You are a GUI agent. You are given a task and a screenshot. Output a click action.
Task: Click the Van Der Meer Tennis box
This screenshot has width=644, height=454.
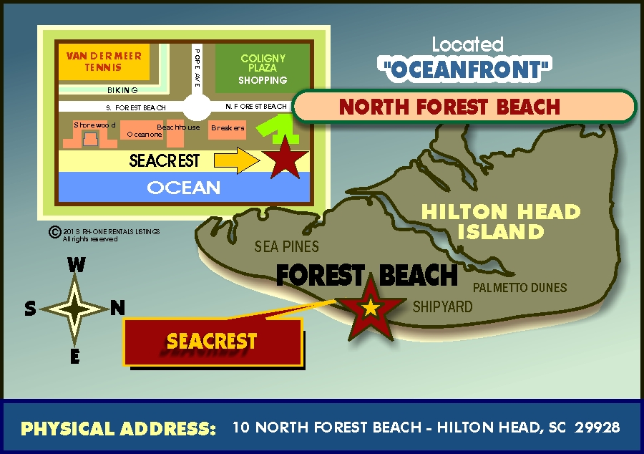tap(104, 62)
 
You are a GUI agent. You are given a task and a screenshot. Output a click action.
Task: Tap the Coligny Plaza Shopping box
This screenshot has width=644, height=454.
tap(263, 69)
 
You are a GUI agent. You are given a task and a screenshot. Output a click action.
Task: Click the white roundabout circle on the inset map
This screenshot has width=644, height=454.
tap(197, 107)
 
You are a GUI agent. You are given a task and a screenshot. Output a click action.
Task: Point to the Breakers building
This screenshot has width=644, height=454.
tap(228, 129)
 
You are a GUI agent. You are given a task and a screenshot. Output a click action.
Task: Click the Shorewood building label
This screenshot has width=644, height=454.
tap(94, 125)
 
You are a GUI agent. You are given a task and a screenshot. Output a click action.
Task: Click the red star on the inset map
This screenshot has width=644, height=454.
tap(286, 159)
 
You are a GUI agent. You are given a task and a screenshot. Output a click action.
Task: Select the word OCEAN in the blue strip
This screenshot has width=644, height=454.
tap(184, 188)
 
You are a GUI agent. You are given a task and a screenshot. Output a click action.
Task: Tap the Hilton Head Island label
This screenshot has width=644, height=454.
tap(501, 221)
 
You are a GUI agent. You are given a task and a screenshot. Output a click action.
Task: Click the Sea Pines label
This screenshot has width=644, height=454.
tap(287, 247)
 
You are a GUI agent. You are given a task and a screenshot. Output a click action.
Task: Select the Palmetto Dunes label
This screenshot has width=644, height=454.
tap(520, 288)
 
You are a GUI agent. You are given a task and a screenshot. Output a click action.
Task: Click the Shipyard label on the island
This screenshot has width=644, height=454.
tap(443, 306)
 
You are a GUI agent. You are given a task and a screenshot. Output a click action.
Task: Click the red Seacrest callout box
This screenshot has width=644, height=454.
tap(212, 342)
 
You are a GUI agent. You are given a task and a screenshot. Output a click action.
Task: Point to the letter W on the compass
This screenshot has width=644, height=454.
tap(76, 265)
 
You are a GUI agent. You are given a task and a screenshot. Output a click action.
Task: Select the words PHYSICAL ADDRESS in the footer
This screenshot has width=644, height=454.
tap(118, 429)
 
